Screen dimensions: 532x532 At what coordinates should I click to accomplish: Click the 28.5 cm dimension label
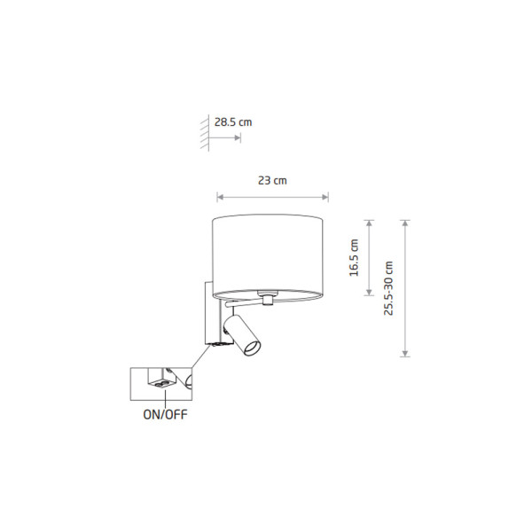pyautogui.click(x=233, y=122)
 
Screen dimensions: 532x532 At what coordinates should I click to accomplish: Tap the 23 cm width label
pyautogui.click(x=272, y=181)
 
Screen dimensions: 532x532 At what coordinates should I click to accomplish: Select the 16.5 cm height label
pyautogui.click(x=354, y=257)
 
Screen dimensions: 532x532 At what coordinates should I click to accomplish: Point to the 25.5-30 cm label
pyautogui.click(x=388, y=288)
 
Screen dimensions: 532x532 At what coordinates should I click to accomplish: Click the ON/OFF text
pyautogui.click(x=165, y=415)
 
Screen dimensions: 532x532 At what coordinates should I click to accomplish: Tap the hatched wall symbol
pyautogui.click(x=205, y=133)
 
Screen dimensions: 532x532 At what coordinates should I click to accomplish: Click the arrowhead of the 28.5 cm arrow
pyautogui.click(x=238, y=137)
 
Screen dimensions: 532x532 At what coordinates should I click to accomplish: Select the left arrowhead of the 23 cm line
pyautogui.click(x=220, y=197)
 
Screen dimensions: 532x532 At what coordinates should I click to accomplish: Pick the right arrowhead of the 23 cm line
pyautogui.click(x=325, y=197)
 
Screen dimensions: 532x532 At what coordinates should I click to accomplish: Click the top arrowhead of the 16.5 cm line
pyautogui.click(x=369, y=223)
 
